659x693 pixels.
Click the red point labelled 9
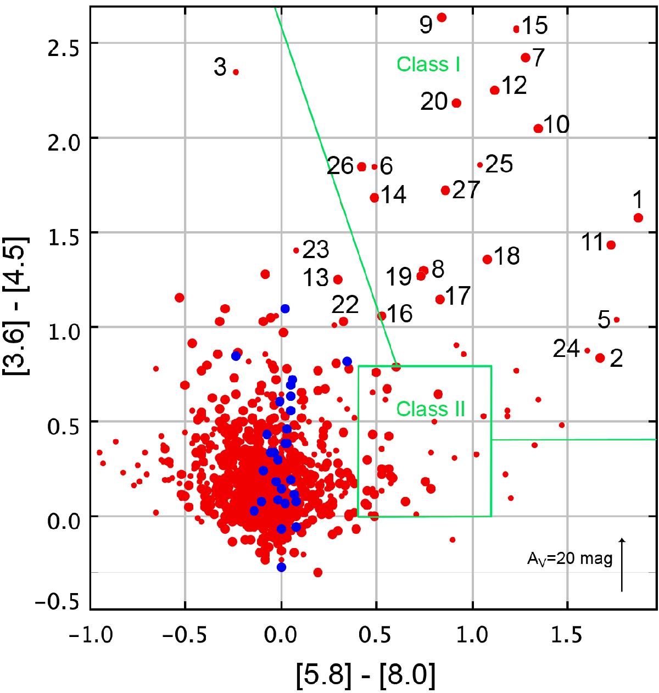click(x=442, y=18)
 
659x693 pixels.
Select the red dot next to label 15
click(x=516, y=29)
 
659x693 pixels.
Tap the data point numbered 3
click(x=236, y=72)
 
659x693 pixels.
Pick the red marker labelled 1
click(x=638, y=218)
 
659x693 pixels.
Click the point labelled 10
click(x=538, y=128)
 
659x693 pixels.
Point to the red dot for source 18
click(x=487, y=259)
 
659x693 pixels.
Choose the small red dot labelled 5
click(x=617, y=320)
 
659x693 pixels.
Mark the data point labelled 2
click(x=600, y=358)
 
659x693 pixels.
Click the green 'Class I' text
click(x=428, y=65)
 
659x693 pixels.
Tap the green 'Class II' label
click(x=431, y=409)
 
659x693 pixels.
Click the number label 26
click(x=340, y=165)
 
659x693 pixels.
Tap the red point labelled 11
click(x=611, y=245)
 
